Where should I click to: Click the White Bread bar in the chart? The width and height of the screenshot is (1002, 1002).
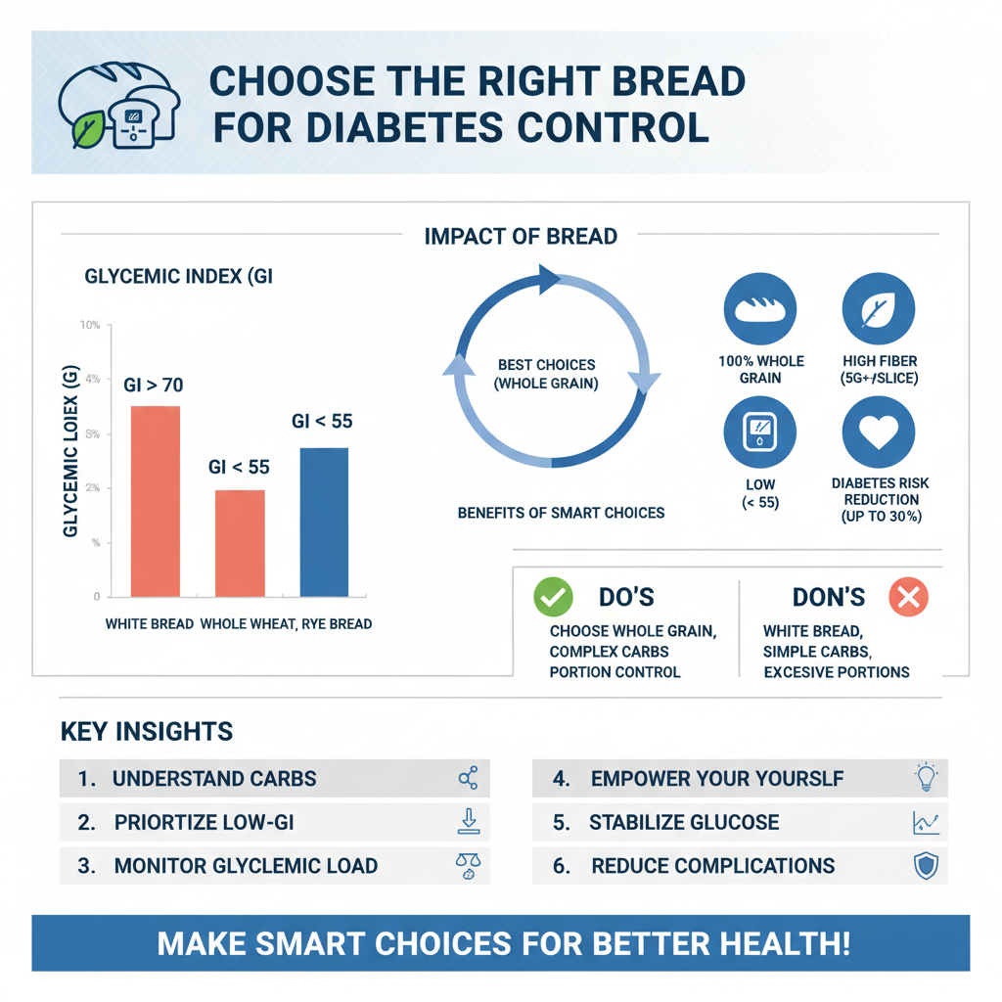pos(155,501)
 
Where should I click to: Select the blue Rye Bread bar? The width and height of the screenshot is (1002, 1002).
pos(323,522)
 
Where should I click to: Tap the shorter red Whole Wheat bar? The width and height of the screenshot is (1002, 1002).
pos(239,543)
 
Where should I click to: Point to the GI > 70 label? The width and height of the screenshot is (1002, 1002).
pos(153,385)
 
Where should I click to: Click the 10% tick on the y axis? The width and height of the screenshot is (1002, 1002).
pos(90,324)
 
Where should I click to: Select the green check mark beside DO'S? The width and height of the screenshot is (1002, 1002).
pos(553,597)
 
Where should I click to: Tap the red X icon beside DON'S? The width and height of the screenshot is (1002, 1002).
pos(908,597)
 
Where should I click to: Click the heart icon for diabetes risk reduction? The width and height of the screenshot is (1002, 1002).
pos(878,433)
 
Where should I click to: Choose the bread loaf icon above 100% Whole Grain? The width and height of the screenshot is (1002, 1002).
pos(760,308)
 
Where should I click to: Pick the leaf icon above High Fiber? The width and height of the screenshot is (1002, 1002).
pos(878,308)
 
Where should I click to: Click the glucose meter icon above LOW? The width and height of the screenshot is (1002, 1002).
pos(760,433)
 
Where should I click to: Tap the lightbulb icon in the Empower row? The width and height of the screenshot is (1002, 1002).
pos(925,778)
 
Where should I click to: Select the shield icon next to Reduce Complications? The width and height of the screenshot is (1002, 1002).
pos(925,865)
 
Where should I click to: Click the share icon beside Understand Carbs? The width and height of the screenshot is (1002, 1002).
pos(468,779)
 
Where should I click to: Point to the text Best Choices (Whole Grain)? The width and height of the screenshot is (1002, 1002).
pos(546,375)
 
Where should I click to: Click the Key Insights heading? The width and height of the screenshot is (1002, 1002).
pos(147,731)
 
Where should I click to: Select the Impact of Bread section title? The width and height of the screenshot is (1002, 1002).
pos(521,236)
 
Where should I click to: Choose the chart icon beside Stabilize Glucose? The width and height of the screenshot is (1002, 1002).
pos(925,822)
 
